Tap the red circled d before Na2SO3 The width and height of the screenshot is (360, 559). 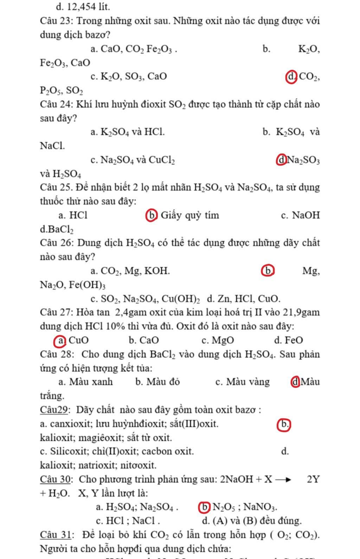(282, 160)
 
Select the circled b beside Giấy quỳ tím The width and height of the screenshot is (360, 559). (152, 215)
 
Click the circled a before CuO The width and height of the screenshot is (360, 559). (60, 340)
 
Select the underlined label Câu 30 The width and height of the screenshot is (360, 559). (56, 479)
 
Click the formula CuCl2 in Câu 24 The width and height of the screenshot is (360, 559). (162, 161)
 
